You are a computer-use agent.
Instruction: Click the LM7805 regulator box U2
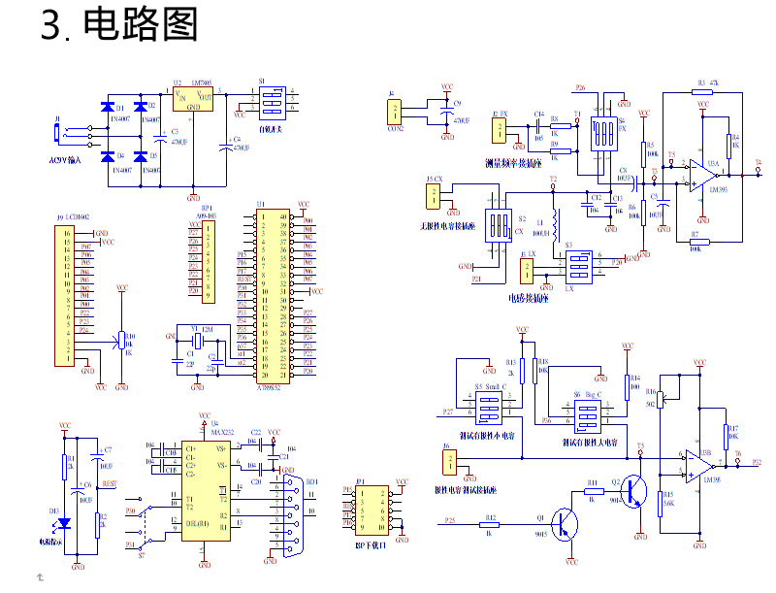(193, 97)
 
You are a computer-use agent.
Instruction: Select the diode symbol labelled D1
(107, 107)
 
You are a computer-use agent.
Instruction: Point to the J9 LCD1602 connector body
(67, 295)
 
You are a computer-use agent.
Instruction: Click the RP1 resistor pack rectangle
(207, 261)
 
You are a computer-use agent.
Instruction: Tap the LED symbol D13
(65, 523)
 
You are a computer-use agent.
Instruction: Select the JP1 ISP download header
(370, 511)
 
